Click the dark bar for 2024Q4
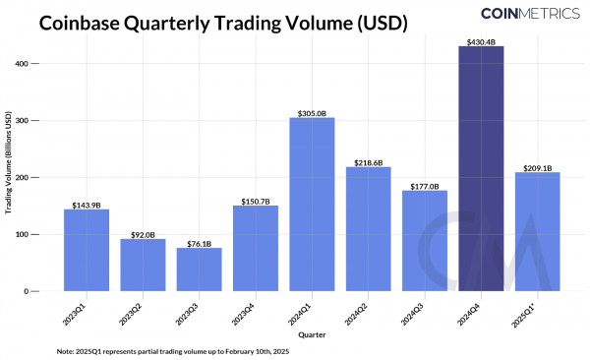481,168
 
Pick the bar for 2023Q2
143,265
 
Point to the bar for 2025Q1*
537,232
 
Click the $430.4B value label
481,40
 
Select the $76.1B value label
200,242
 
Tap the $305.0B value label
312,111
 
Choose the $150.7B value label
256,200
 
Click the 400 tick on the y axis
22,63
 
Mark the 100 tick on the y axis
22,234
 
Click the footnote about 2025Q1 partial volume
171,350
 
